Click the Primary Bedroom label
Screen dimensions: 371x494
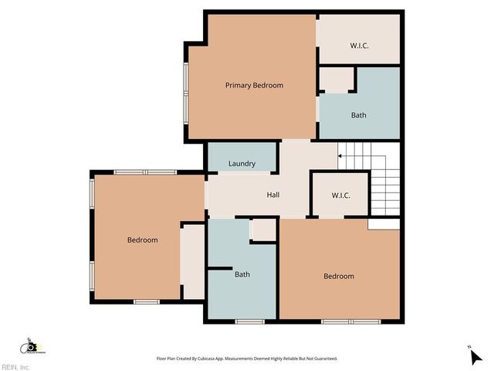point(254,85)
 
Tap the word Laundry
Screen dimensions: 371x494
point(242,164)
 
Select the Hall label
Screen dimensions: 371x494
point(272,195)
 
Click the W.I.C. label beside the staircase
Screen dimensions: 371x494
point(340,196)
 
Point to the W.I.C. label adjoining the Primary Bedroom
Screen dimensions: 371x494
point(359,46)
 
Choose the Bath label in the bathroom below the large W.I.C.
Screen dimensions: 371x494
point(358,115)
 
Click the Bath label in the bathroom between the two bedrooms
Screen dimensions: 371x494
point(242,274)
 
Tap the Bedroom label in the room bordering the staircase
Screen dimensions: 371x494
point(338,276)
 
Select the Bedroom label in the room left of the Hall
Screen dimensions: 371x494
point(142,240)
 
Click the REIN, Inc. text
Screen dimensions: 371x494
point(15,366)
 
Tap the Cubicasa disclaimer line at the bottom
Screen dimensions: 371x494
point(247,359)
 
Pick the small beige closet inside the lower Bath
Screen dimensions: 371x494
point(263,230)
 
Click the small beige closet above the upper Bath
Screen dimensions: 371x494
point(336,80)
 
